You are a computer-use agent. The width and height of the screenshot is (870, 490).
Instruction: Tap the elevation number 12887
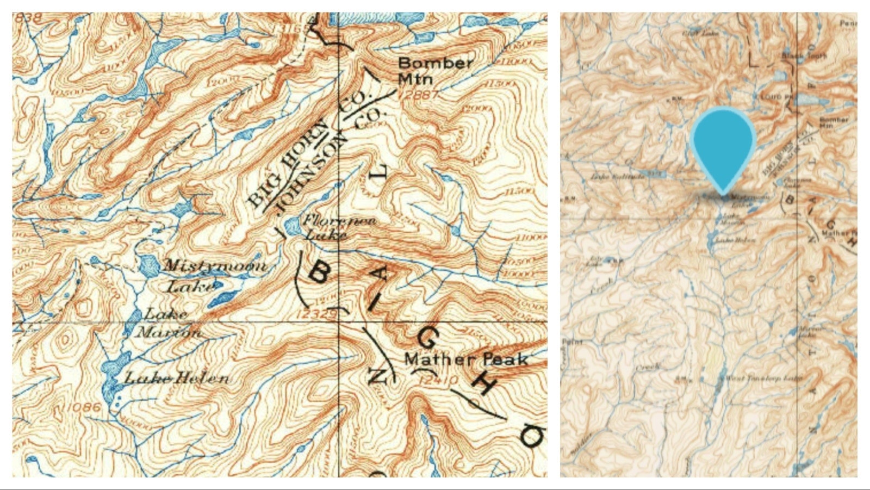pos(418,94)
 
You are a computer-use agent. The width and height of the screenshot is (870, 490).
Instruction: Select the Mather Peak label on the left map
pos(466,359)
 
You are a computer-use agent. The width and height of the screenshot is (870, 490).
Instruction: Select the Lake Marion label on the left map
pos(168,323)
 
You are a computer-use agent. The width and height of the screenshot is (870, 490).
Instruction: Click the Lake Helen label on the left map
pos(177,377)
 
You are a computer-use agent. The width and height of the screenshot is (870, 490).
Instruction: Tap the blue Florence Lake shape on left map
pos(292,226)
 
